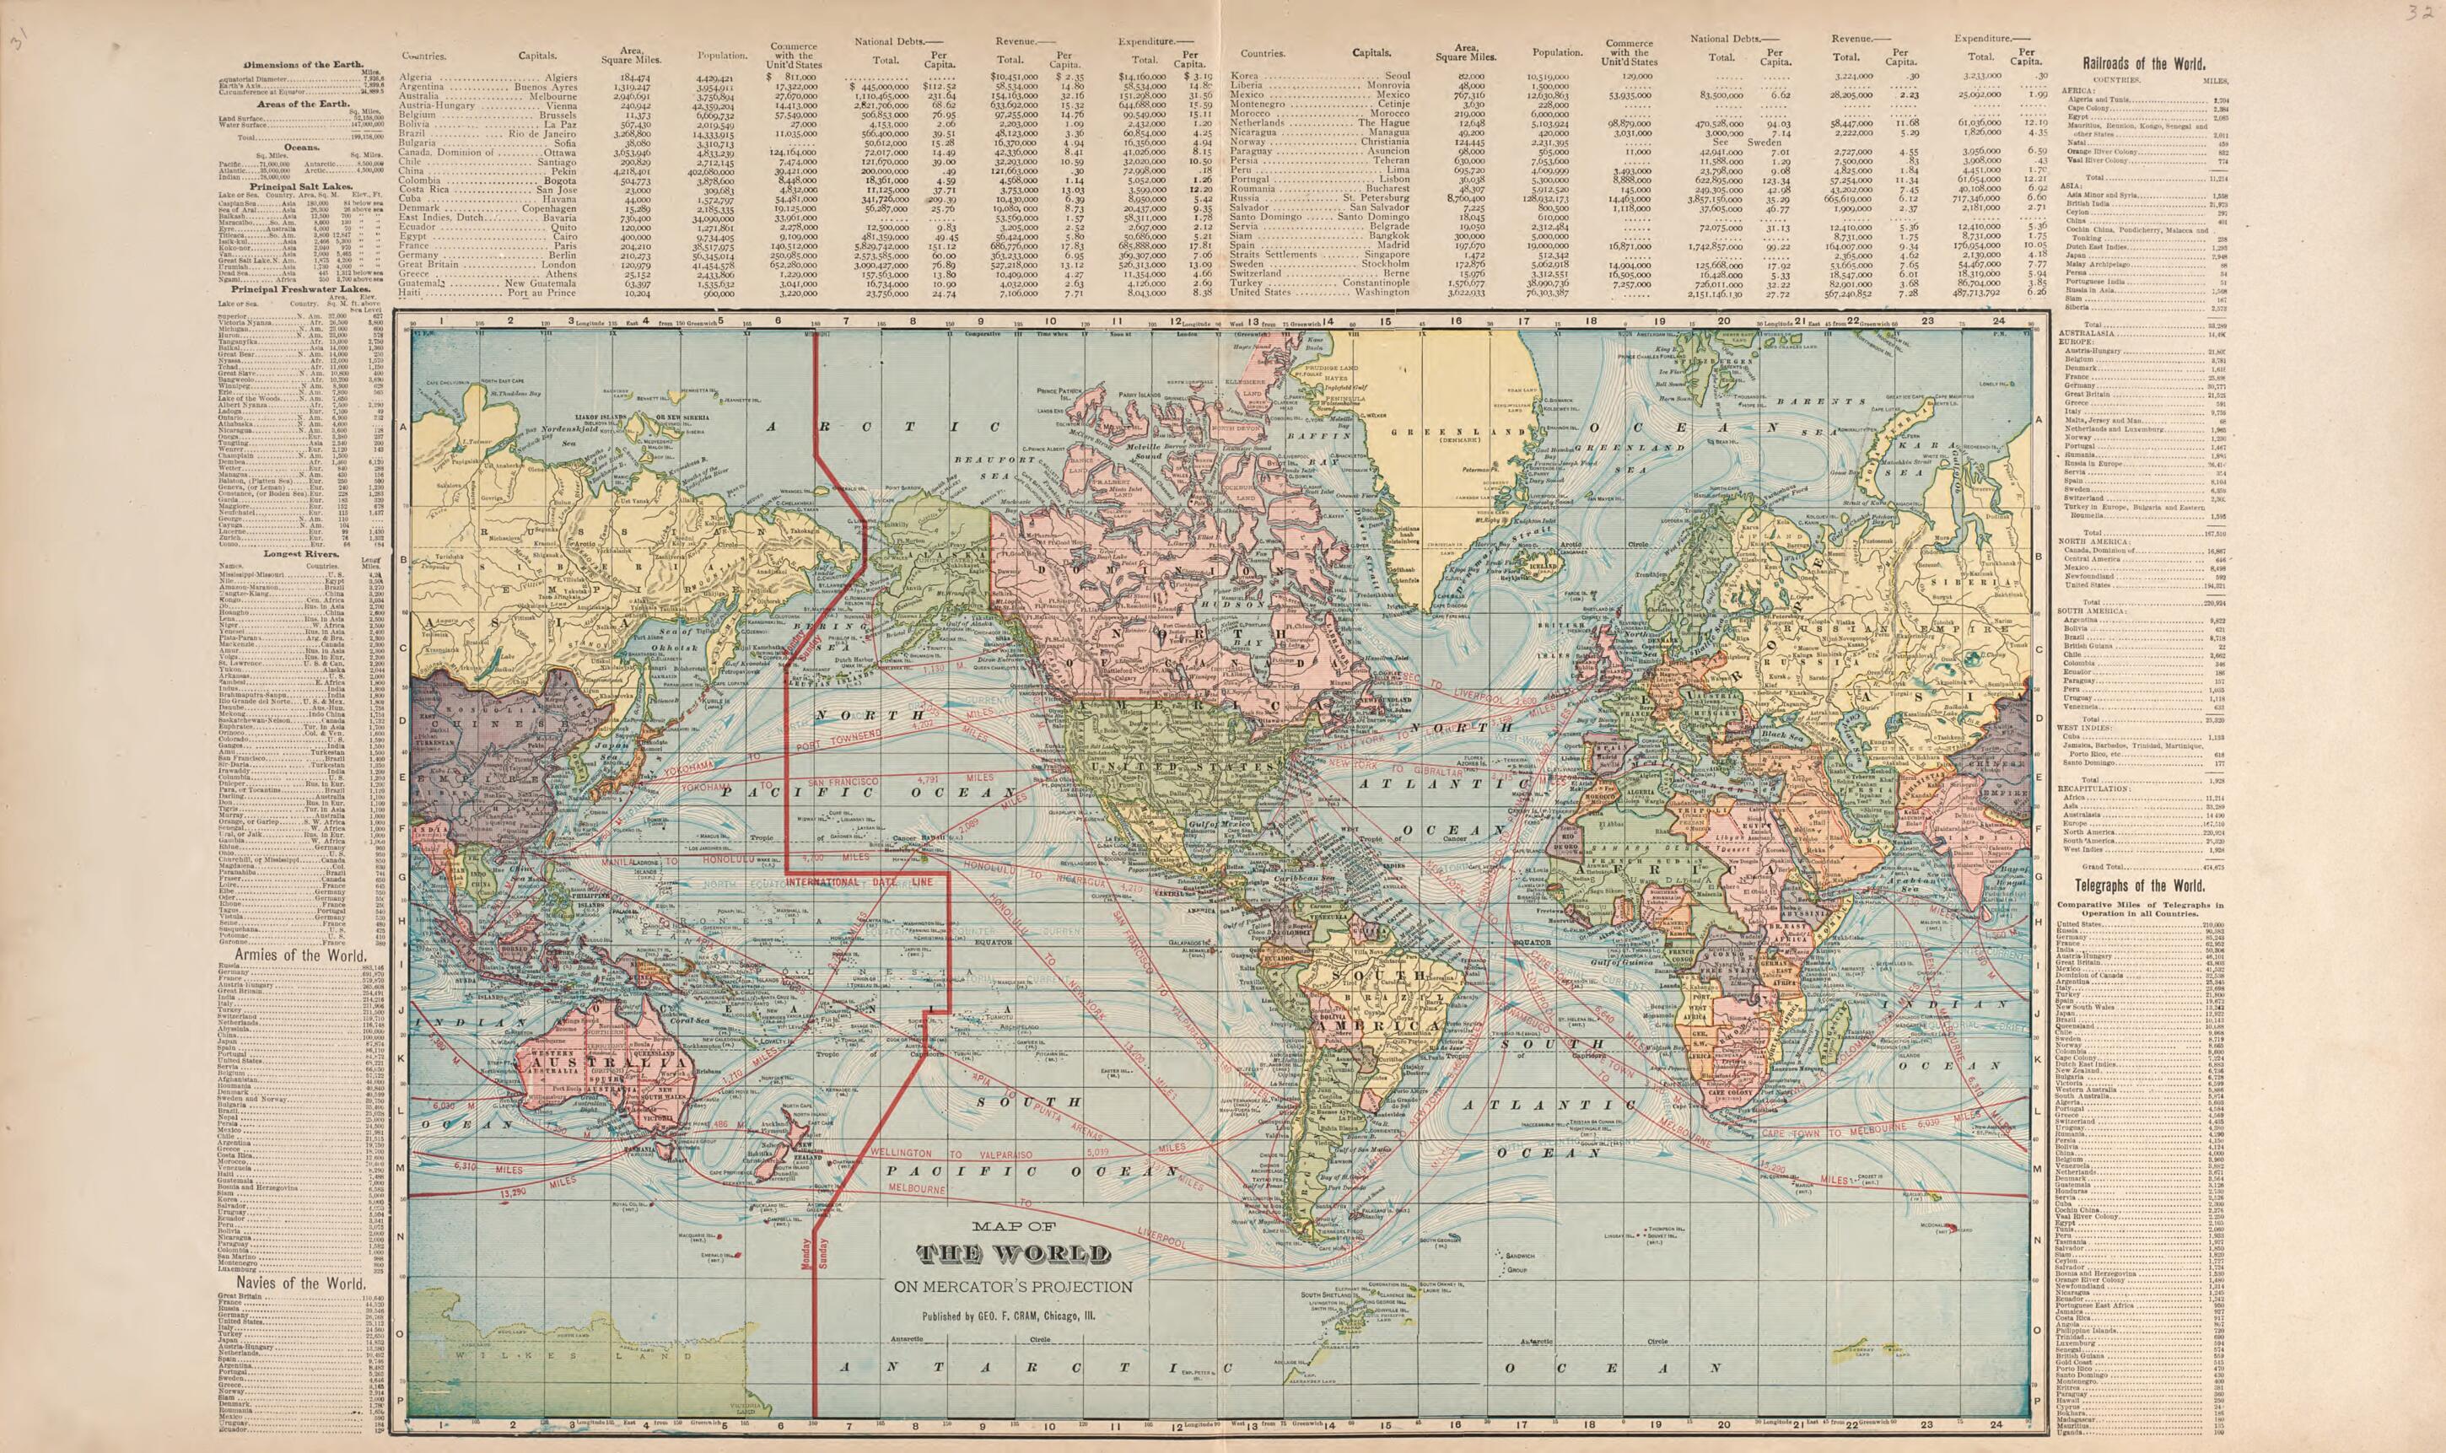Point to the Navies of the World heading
[293, 1283]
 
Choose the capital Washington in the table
[1382, 292]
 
